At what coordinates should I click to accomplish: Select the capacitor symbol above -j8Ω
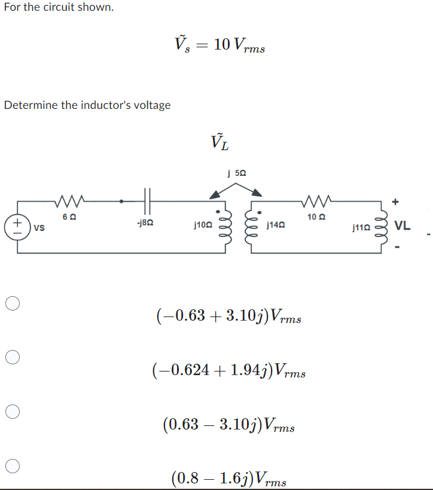148,200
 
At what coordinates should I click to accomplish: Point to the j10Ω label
203,226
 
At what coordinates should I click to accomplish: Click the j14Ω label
276,226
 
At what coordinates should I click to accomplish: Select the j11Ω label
362,227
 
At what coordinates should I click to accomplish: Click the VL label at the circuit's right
402,226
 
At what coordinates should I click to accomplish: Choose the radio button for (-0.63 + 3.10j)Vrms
13,304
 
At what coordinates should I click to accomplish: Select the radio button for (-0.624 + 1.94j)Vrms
13,358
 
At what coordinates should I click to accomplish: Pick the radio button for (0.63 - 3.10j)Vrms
13,412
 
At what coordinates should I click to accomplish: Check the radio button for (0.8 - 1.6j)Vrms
13,465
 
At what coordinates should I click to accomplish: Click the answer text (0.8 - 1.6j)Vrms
229,479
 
